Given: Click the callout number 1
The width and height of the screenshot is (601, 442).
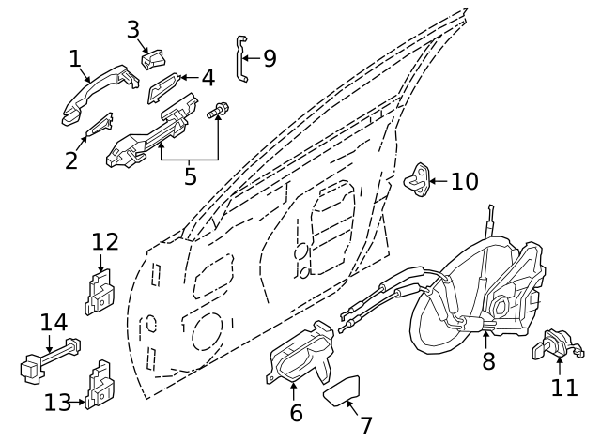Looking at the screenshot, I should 75,59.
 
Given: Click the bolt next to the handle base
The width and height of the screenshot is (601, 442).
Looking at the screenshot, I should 217,113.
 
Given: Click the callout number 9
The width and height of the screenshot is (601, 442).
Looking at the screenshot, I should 270,59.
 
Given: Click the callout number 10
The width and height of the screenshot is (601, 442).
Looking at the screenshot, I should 464,180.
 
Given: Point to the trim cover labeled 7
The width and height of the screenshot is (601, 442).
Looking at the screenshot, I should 346,389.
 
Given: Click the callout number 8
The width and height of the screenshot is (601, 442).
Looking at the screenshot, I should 488,360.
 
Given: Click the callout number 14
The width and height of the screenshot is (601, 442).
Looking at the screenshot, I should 54,323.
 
